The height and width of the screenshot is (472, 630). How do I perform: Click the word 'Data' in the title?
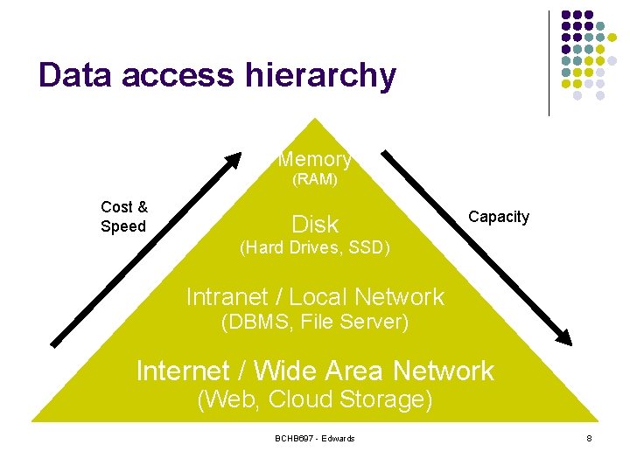coord(75,74)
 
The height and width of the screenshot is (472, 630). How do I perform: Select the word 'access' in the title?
coord(178,77)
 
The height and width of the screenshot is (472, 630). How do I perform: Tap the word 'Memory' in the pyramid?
coord(315,160)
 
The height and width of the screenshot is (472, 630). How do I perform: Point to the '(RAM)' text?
coord(315,179)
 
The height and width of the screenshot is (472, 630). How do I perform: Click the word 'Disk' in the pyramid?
coord(315,225)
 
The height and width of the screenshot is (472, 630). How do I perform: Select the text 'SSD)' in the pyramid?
coord(369,247)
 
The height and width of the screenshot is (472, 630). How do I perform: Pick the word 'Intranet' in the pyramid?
coord(227,297)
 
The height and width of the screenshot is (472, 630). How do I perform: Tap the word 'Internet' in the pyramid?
coord(183,371)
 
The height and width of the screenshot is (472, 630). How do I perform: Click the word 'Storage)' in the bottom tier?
coord(386,400)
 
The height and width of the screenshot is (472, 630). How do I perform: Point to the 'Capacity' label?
coord(499,218)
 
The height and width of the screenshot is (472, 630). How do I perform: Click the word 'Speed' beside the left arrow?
coord(123,226)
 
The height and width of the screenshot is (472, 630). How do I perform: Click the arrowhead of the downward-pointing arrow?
coord(563,337)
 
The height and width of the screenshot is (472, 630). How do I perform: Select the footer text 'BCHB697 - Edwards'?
coord(315,439)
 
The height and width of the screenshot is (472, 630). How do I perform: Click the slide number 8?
coord(589,439)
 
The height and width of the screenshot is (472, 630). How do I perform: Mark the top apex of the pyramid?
coord(315,118)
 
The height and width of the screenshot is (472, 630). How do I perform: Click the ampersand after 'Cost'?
coord(143,207)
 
